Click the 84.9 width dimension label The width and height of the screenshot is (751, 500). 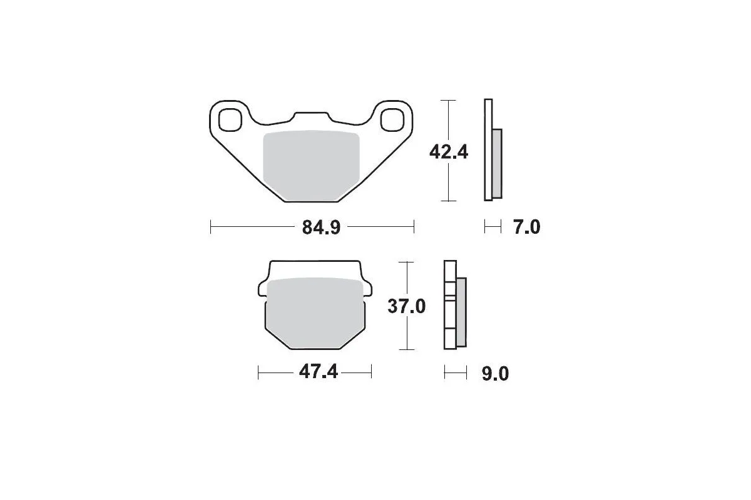[x=321, y=227]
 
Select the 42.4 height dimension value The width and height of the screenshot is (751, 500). [x=448, y=151]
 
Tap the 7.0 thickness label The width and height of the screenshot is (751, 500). [x=526, y=227]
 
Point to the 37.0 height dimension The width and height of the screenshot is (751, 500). [x=407, y=306]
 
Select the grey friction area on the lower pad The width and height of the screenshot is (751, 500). [x=316, y=312]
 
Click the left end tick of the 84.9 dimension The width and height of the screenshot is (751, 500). [x=211, y=227]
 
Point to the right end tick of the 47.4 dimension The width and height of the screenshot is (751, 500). [x=372, y=372]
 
